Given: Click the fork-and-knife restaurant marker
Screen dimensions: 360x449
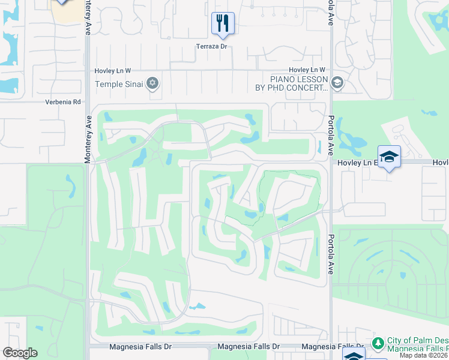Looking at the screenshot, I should (223, 24).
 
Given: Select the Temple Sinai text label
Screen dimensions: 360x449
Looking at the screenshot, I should (119, 84).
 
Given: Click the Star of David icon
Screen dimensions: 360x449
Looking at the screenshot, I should (152, 83).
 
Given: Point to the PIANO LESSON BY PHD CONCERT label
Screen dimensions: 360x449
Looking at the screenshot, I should (299, 83).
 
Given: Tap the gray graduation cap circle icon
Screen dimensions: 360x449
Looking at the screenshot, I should (337, 83).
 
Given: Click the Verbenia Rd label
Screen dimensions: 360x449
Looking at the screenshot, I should (62, 102).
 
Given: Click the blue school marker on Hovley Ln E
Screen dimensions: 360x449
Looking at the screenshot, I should (389, 157).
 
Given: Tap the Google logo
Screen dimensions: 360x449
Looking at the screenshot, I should (20, 353).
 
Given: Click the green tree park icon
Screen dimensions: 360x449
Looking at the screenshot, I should (378, 343).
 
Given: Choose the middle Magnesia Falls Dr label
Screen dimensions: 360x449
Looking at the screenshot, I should (249, 347).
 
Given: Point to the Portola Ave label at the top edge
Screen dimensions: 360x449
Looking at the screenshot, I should (330, 13).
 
